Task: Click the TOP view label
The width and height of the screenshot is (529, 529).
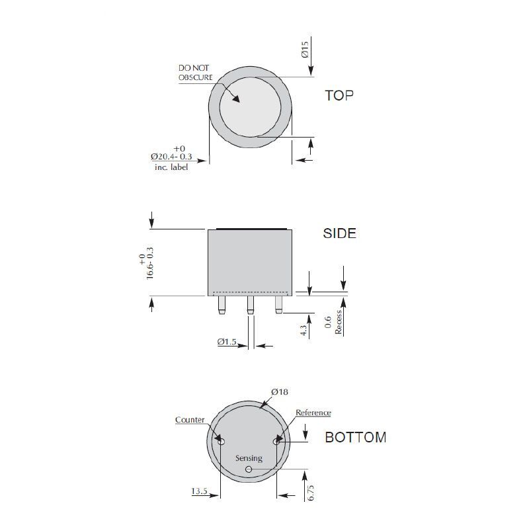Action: pyautogui.click(x=339, y=95)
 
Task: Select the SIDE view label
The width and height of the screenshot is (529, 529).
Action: pyautogui.click(x=339, y=233)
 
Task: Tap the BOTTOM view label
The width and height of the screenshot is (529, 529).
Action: pyautogui.click(x=356, y=437)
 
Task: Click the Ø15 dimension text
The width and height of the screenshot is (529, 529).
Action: pyautogui.click(x=305, y=49)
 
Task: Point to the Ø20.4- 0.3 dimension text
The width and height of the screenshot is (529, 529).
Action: pyautogui.click(x=171, y=157)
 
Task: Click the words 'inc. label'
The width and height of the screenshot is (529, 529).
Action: pyautogui.click(x=171, y=167)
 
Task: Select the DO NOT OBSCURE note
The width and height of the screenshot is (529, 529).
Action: pyautogui.click(x=195, y=73)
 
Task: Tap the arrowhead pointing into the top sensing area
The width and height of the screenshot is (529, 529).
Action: pyautogui.click(x=236, y=98)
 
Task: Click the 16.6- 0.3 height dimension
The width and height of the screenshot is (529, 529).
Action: pyautogui.click(x=150, y=263)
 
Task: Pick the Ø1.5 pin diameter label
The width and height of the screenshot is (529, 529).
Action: pyautogui.click(x=227, y=342)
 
